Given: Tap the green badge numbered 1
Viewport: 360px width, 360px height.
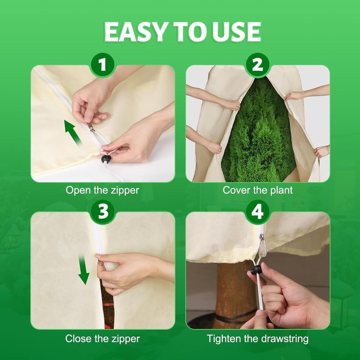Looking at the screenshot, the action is pyautogui.click(x=103, y=64).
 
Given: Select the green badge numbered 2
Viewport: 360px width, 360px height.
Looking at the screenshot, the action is pyautogui.click(x=257, y=64).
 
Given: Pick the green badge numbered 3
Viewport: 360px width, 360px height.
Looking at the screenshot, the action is pyautogui.click(x=103, y=211).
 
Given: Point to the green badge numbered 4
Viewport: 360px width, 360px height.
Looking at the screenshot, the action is pyautogui.click(x=257, y=211).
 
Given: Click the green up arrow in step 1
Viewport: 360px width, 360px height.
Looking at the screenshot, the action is pyautogui.click(x=73, y=133).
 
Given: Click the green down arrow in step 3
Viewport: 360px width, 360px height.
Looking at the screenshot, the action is pyautogui.click(x=84, y=270).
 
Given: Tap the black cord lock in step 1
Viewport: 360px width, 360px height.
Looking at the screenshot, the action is pyautogui.click(x=106, y=159).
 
